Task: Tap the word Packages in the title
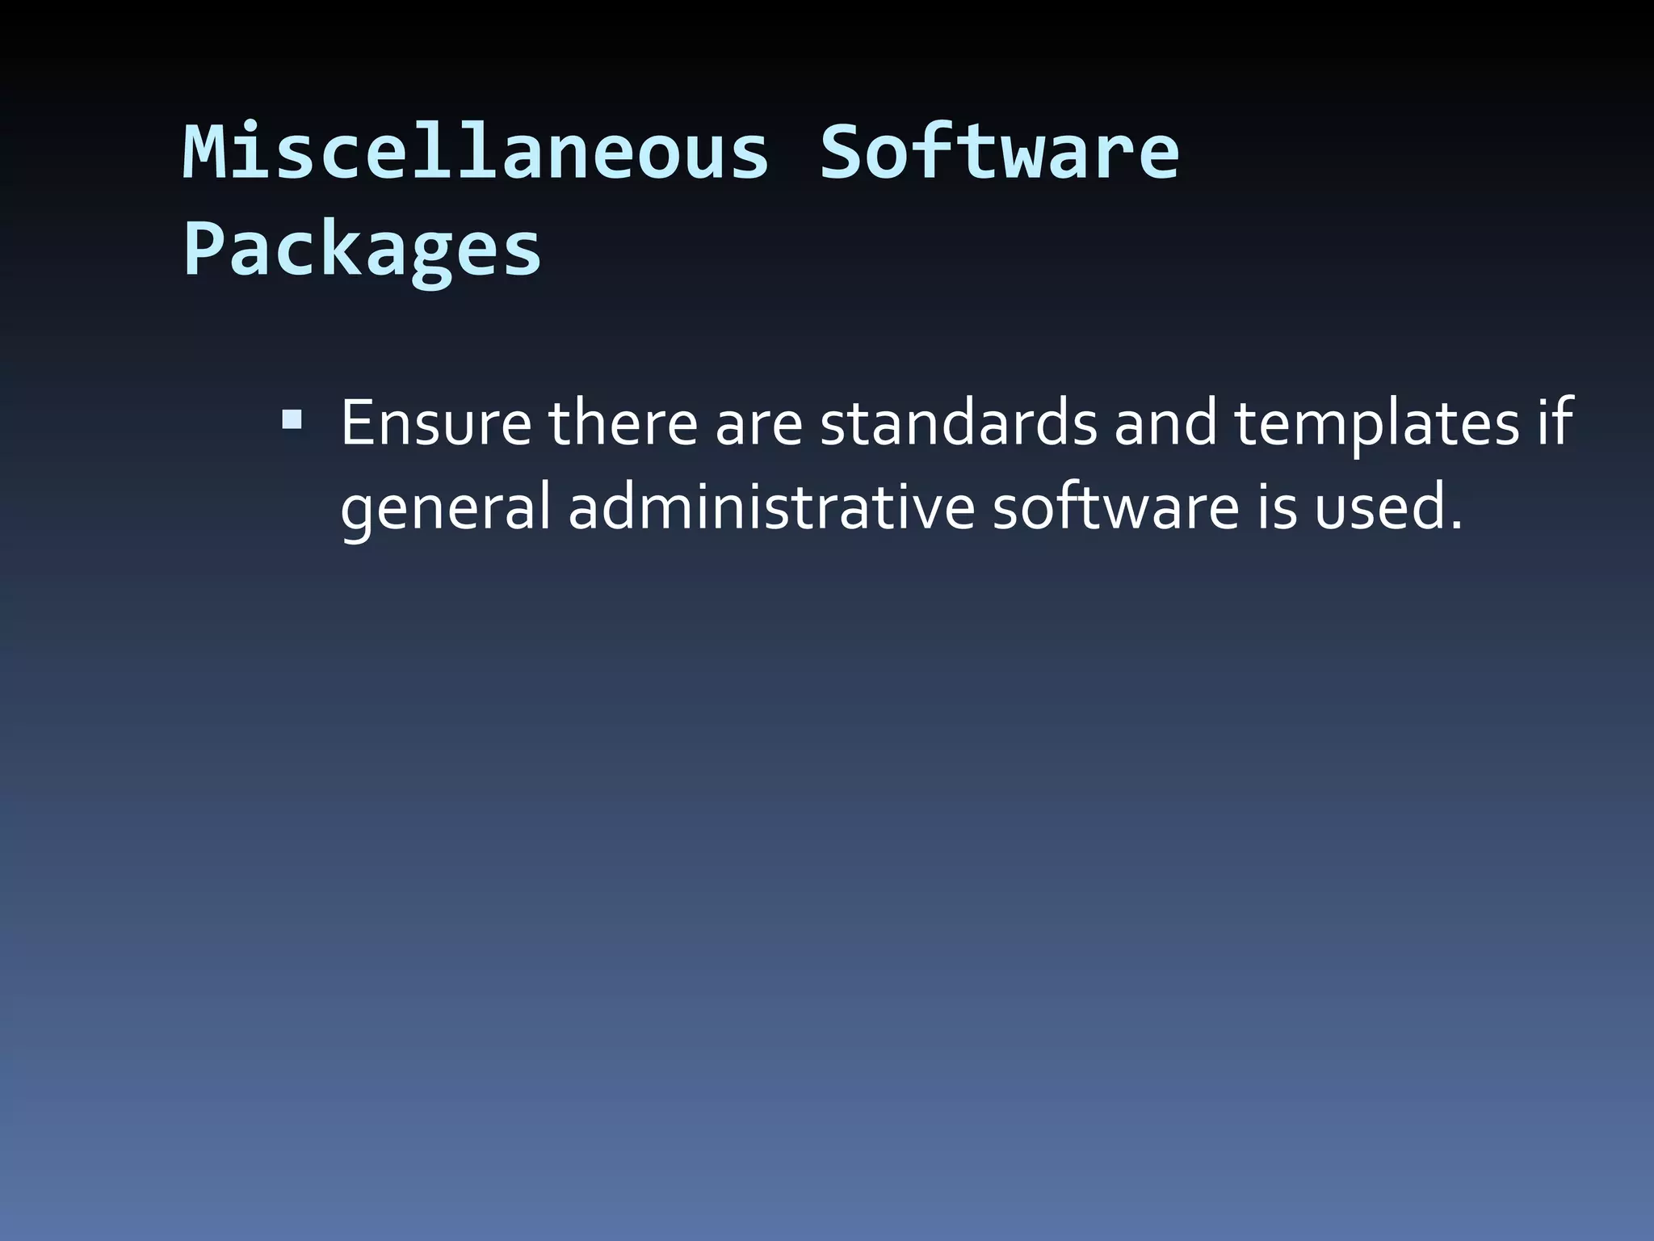[x=362, y=250]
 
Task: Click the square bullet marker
[x=292, y=420]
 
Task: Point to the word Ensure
[x=436, y=423]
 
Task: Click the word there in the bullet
[x=623, y=423]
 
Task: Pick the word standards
[x=959, y=423]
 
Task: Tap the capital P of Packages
[x=206, y=250]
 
